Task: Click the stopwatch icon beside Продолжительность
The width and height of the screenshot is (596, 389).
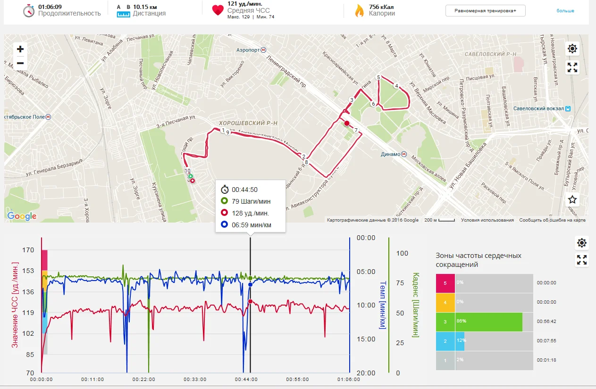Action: tap(29, 10)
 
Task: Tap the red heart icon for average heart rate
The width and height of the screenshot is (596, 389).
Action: tap(218, 10)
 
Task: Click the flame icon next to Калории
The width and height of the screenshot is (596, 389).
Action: tap(360, 10)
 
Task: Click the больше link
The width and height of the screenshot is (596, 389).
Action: tap(565, 10)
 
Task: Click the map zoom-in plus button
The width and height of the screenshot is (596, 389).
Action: tap(20, 49)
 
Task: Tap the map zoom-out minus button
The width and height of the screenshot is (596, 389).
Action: tap(20, 63)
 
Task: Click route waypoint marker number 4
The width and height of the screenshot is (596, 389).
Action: tap(396, 86)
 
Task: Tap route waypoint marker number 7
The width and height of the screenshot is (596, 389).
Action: tap(356, 130)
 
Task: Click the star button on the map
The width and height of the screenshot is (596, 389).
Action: tap(572, 199)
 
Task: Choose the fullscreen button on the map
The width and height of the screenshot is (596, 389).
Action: tap(572, 67)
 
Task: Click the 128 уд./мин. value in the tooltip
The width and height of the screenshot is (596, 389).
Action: tap(251, 213)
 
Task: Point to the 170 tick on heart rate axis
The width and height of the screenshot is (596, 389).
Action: tap(28, 250)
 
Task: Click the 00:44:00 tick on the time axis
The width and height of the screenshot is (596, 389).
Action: tap(245, 379)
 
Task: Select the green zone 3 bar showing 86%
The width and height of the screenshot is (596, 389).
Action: tap(488, 322)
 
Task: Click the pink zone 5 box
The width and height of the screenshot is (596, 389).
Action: tap(445, 283)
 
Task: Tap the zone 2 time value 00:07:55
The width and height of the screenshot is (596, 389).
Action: tap(546, 341)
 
